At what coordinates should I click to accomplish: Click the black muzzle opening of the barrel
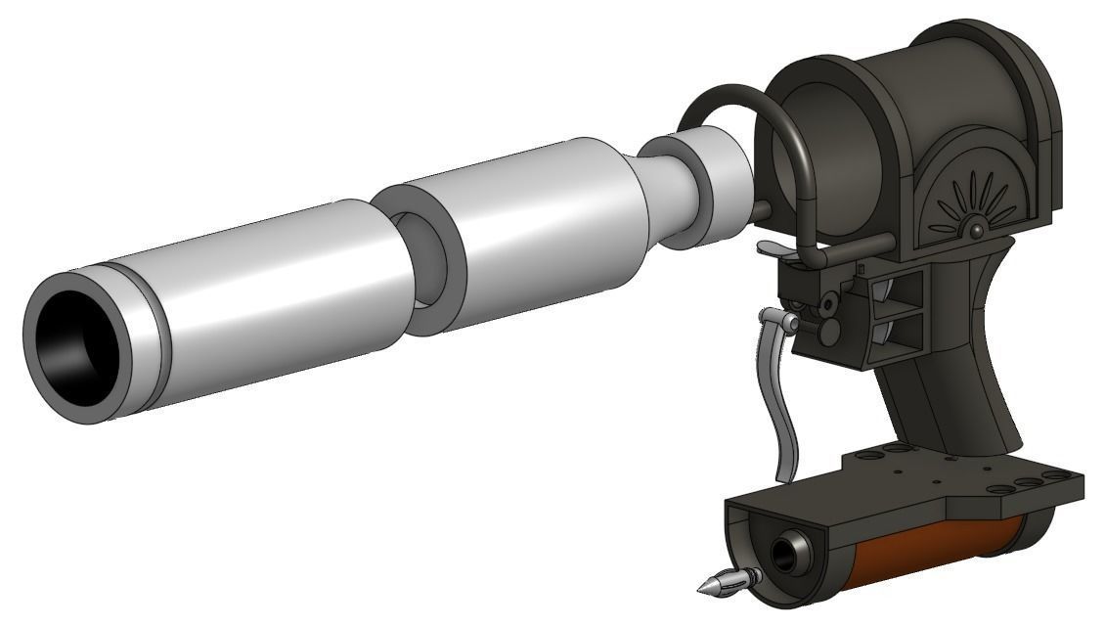click(70, 343)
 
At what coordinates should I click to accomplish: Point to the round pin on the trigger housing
click(829, 331)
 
